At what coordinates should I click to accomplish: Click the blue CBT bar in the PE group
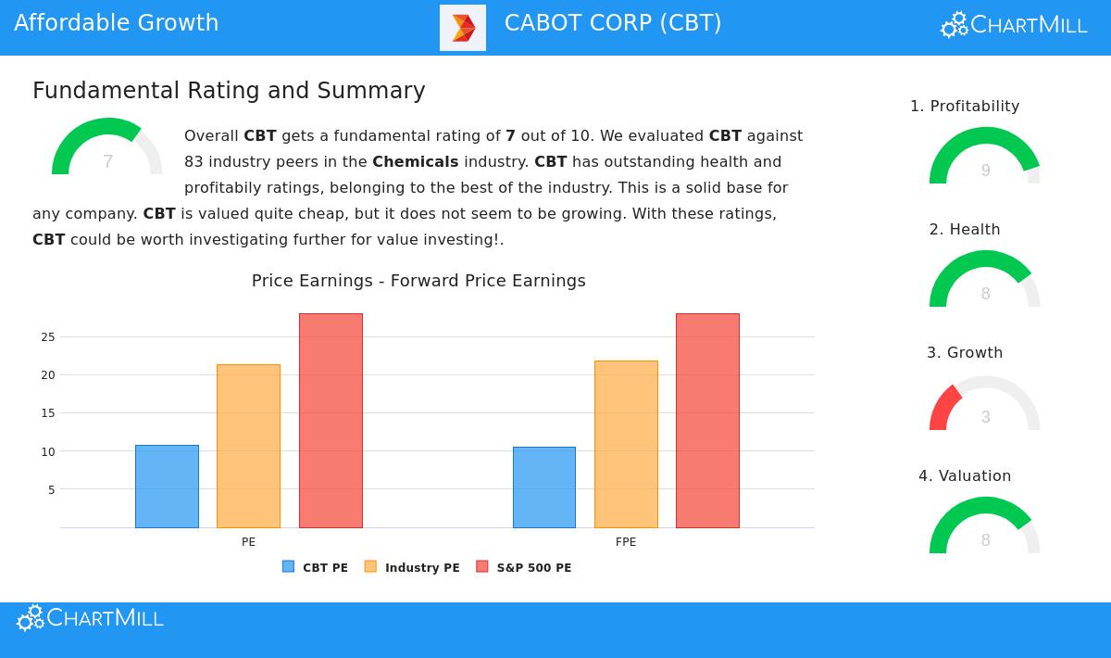[x=167, y=487]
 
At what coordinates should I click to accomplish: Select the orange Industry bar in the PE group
[x=248, y=446]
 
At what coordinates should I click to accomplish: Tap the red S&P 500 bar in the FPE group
[x=707, y=421]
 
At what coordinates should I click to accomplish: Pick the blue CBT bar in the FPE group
[x=543, y=487]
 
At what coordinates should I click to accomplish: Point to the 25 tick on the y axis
[x=48, y=337]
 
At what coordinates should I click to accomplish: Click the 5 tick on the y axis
[x=51, y=490]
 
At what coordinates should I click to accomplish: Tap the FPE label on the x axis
[x=626, y=542]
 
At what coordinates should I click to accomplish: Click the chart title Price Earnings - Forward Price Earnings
[x=418, y=281]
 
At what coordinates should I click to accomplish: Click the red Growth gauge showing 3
[x=984, y=405]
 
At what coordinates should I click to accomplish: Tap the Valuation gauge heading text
[x=965, y=476]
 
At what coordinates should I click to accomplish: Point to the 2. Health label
[x=965, y=230]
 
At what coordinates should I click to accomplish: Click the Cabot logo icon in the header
[x=462, y=28]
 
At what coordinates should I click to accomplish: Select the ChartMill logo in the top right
[x=1014, y=25]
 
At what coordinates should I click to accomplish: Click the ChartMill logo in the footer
[x=90, y=618]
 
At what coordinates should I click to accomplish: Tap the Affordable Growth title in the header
[x=117, y=23]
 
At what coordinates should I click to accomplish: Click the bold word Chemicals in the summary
[x=415, y=161]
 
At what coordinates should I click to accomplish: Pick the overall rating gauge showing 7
[x=107, y=148]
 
